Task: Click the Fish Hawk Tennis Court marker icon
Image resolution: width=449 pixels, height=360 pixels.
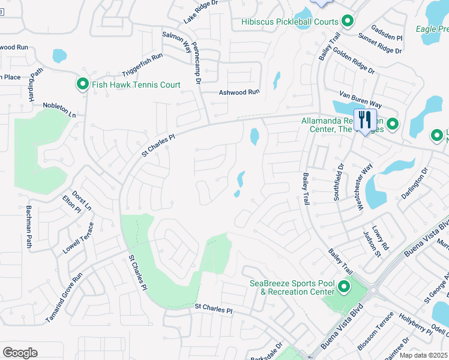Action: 83,85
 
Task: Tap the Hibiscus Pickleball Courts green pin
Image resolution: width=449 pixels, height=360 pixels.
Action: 348,22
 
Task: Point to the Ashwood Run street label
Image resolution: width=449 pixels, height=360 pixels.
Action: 238,92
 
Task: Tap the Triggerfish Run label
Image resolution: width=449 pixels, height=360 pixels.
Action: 142,65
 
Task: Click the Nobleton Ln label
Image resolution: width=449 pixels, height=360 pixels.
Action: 59,109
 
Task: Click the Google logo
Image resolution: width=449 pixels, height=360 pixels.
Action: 20,353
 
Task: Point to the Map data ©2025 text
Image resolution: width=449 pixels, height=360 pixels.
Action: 423,355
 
